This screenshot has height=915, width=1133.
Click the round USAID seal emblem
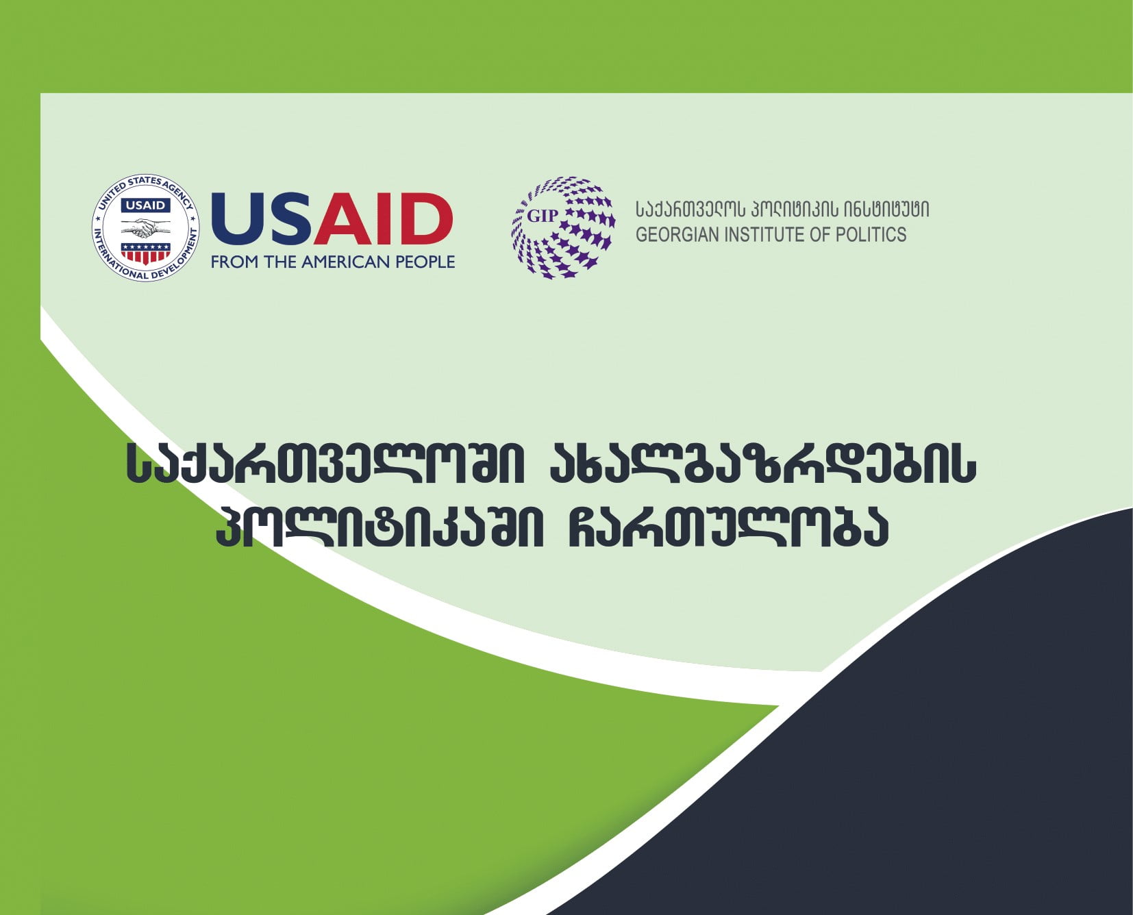(x=146, y=228)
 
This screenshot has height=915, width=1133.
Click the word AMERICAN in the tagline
(x=339, y=262)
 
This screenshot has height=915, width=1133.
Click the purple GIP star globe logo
(x=563, y=227)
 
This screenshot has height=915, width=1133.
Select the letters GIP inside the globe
(x=543, y=216)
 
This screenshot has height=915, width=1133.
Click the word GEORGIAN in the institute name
(x=677, y=234)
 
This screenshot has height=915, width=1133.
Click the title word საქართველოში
(x=326, y=465)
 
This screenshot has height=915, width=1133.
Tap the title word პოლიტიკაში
(x=379, y=527)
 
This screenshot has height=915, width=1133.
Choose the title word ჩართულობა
(x=729, y=527)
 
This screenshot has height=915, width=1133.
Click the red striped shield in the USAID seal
(x=145, y=253)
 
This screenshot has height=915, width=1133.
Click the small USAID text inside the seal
(x=145, y=205)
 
